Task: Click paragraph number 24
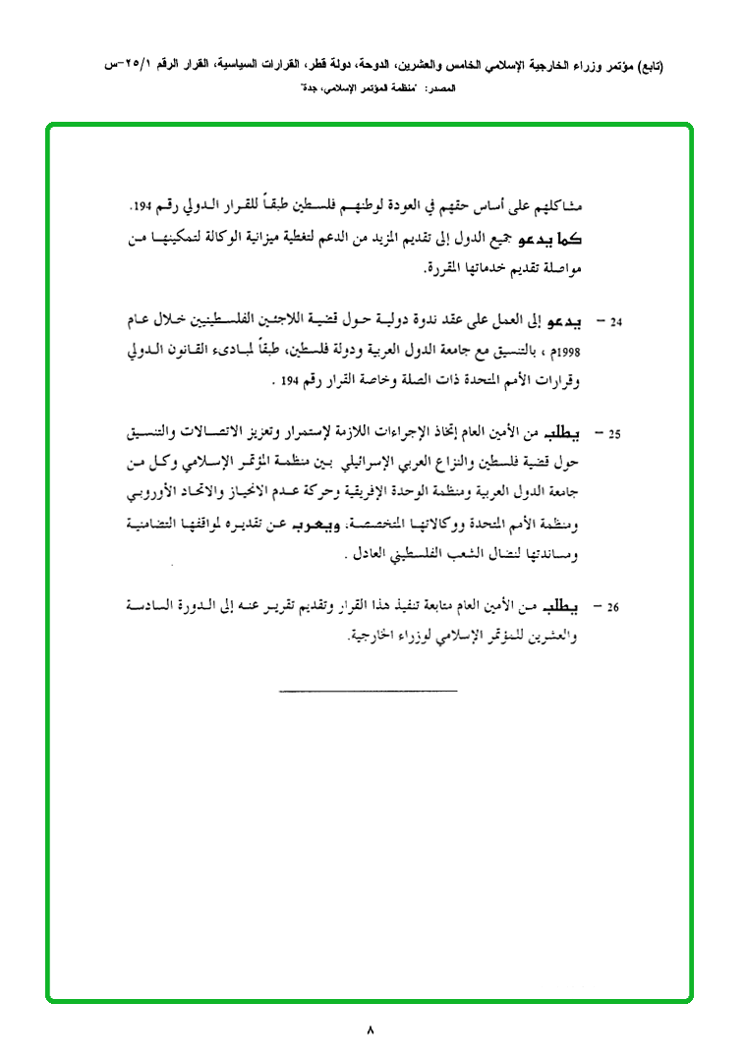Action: click(616, 322)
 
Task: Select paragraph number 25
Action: click(616, 433)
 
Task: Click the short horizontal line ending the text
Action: click(369, 692)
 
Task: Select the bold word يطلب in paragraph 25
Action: click(566, 432)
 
